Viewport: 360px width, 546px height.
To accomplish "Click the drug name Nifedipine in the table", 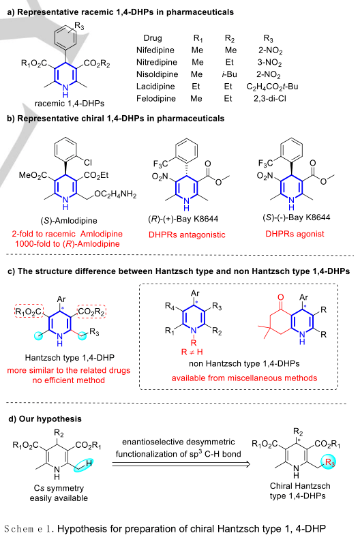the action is tap(155, 50).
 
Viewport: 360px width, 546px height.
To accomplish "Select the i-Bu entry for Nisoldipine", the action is tap(229, 74).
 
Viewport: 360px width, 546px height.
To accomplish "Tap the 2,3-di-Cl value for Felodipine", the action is tap(270, 99).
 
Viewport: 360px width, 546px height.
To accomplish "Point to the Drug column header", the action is tap(153, 38).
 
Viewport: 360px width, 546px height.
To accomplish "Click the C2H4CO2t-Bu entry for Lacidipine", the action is tap(272, 87).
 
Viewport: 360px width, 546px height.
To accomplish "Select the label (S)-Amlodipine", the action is tap(69, 220).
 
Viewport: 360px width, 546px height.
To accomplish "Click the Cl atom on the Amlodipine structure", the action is tap(88, 162).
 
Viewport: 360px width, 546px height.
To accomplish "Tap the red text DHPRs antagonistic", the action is tap(187, 234).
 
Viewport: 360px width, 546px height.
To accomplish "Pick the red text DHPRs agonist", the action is tap(295, 234).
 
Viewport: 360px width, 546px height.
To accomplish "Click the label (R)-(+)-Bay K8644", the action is tap(183, 219).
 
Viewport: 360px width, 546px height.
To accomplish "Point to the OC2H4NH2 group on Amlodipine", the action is tap(115, 194).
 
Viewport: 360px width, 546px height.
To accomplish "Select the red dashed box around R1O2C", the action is tap(29, 311).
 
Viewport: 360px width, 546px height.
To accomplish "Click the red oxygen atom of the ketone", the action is tap(281, 297).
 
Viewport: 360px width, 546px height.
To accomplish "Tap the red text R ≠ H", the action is tap(192, 352).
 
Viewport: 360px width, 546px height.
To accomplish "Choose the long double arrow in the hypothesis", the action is tap(181, 464).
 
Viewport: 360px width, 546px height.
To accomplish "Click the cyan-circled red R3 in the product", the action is tap(330, 463).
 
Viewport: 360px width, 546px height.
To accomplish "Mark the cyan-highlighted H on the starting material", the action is tap(89, 464).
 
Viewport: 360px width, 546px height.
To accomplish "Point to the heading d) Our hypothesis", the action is tap(44, 419).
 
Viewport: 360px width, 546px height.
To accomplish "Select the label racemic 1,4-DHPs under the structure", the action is tap(70, 104).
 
